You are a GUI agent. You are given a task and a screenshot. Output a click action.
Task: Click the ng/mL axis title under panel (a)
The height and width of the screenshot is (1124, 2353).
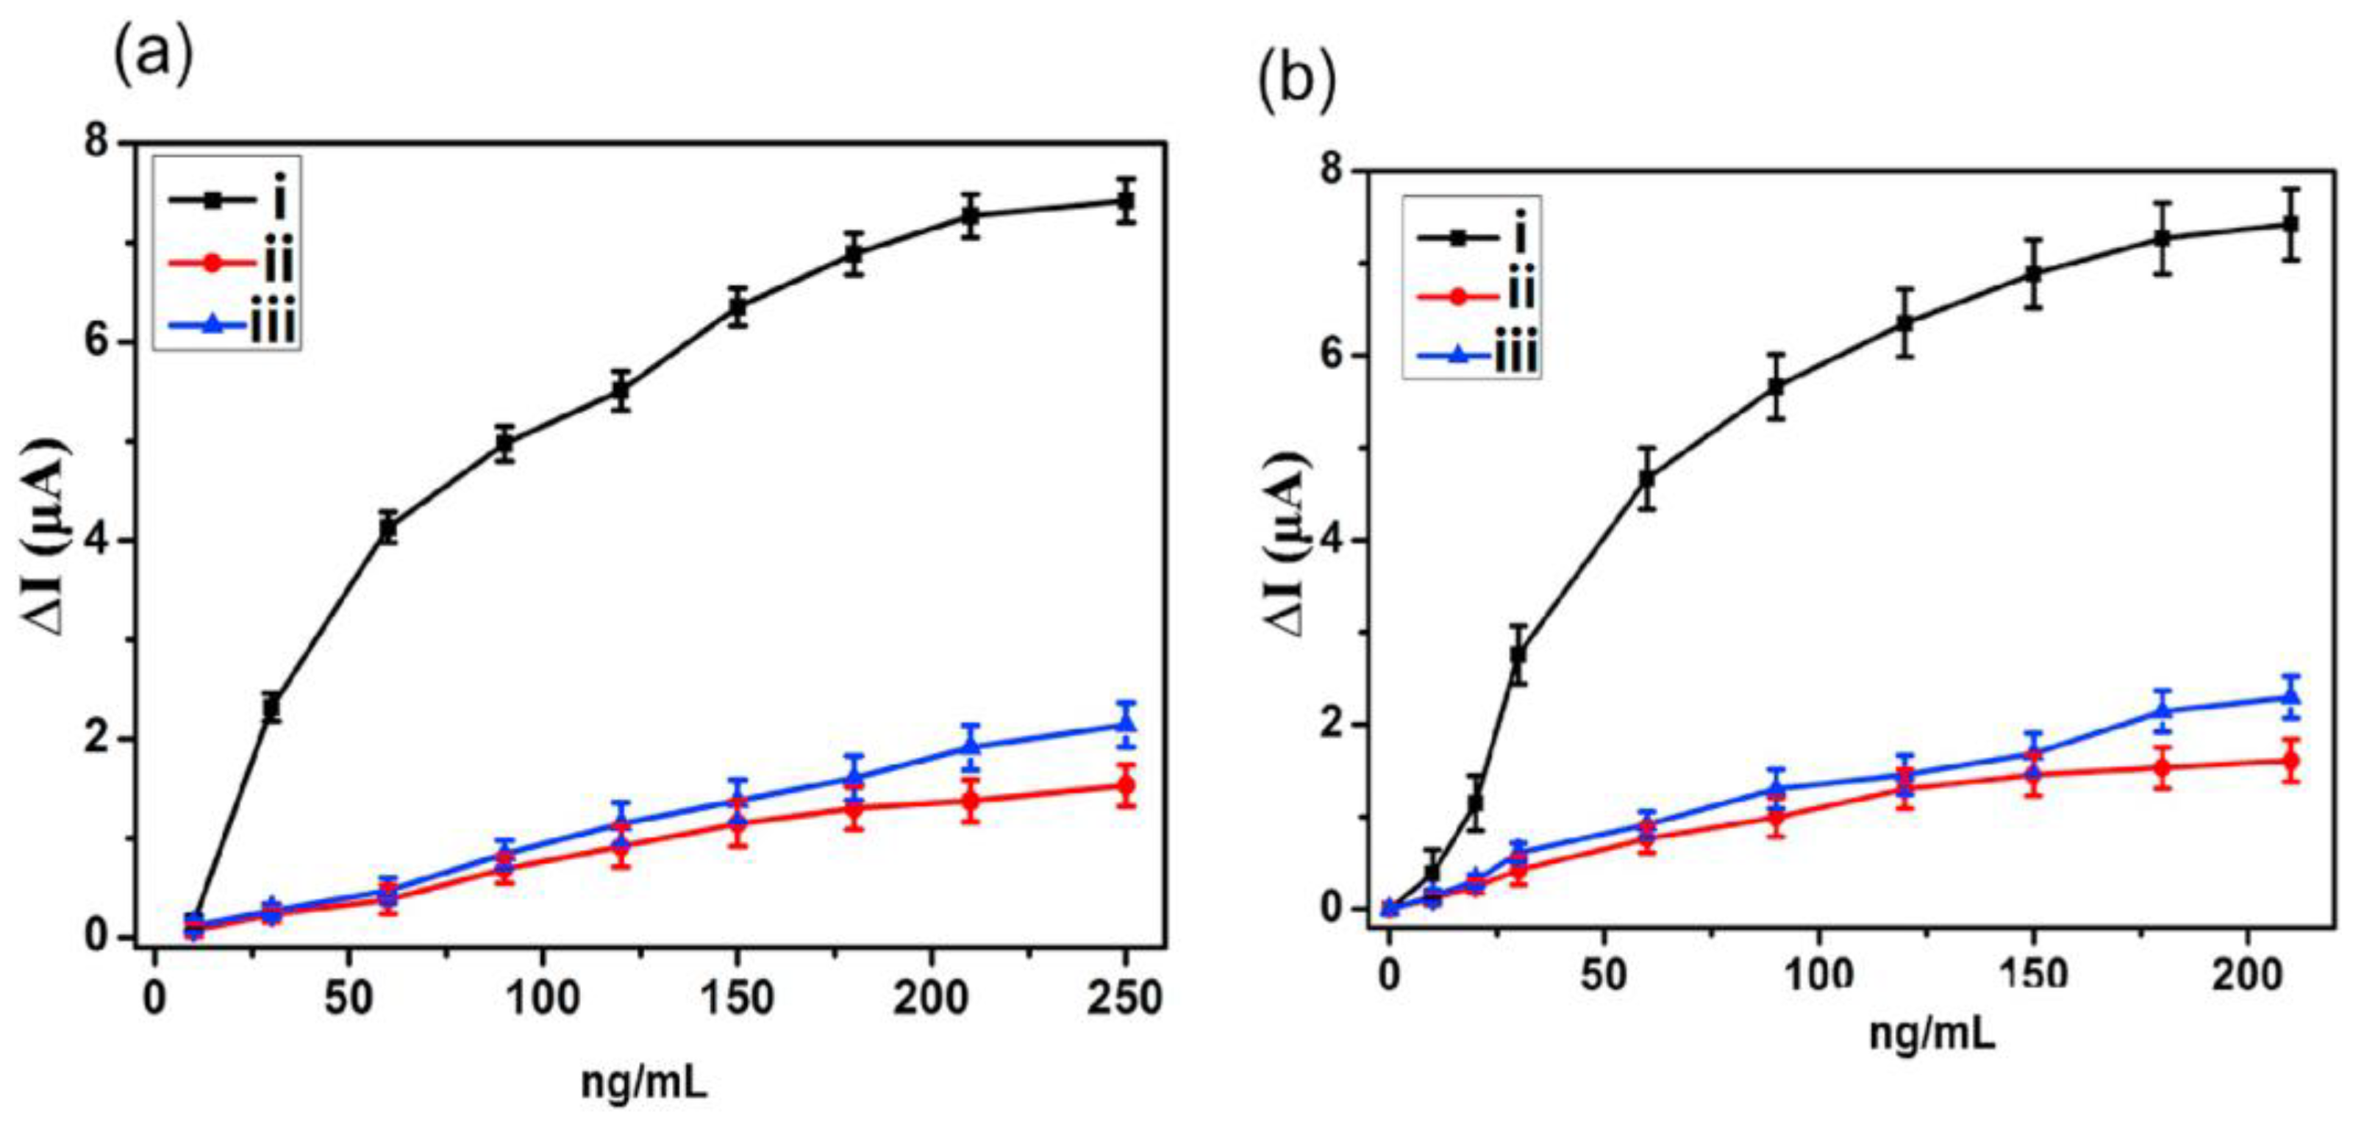[644, 1083]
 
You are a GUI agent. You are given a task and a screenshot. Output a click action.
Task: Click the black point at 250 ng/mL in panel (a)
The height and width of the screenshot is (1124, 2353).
[1126, 201]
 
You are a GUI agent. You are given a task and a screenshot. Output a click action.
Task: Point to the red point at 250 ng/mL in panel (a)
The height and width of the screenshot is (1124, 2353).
[1126, 785]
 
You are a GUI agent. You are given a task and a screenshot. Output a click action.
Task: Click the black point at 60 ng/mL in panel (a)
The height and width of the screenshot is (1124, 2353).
[388, 528]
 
